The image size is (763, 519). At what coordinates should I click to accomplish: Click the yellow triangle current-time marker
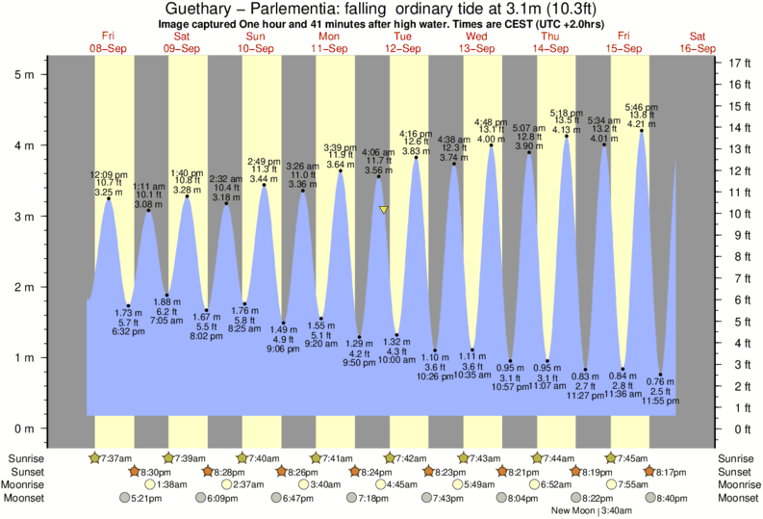pos(384,209)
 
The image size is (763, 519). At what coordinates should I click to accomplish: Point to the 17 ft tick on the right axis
pos(741,63)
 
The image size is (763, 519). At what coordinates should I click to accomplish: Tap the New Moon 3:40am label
pos(593,510)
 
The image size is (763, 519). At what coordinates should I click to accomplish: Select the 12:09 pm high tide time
pos(108,174)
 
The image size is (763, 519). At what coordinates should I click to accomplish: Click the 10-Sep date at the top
pos(254,47)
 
